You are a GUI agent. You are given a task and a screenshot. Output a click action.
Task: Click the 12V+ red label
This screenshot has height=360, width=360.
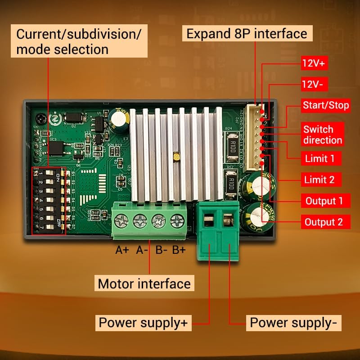click(x=314, y=63)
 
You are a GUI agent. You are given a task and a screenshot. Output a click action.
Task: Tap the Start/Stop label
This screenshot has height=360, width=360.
click(x=326, y=106)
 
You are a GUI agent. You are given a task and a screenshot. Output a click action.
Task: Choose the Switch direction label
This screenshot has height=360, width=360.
click(x=322, y=134)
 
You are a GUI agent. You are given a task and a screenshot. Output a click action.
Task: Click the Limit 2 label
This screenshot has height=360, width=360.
click(x=320, y=180)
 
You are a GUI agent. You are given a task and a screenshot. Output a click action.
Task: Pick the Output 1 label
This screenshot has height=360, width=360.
click(x=324, y=201)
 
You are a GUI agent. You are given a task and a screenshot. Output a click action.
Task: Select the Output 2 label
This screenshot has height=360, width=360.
click(x=324, y=222)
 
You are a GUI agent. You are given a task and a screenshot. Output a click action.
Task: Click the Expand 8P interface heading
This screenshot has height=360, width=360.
click(x=247, y=33)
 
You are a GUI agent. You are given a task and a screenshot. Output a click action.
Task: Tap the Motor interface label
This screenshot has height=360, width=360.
click(x=144, y=284)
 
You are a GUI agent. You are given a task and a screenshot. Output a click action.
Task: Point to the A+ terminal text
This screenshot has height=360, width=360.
click(x=122, y=250)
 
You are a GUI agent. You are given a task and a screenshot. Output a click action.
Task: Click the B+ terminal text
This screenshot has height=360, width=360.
click(x=179, y=250)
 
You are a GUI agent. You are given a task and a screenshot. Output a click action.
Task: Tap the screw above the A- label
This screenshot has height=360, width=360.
click(x=140, y=221)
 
